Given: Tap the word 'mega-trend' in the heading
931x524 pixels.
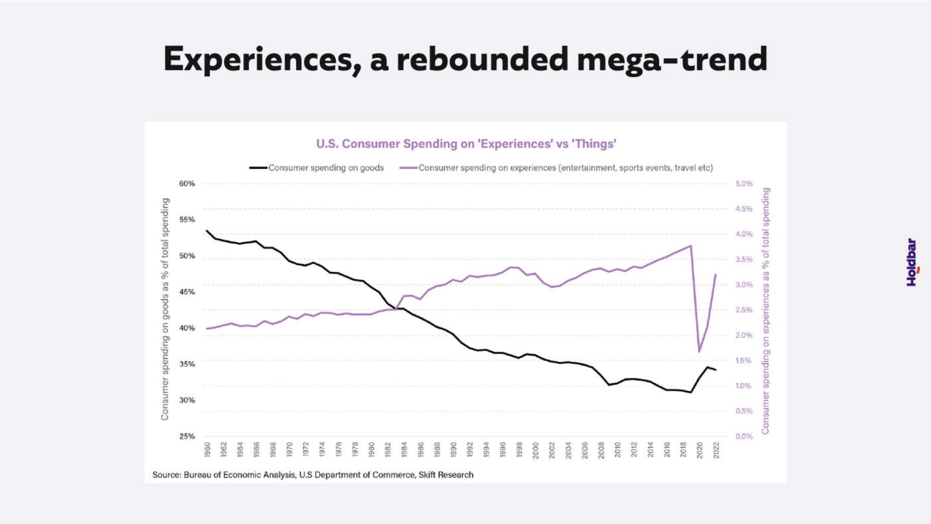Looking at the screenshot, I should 672,59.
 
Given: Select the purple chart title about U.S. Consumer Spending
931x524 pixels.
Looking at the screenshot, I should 466,144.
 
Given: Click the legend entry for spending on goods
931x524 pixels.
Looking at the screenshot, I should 325,168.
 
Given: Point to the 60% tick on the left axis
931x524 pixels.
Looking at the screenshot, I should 187,183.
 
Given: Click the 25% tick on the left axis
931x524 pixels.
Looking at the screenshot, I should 187,436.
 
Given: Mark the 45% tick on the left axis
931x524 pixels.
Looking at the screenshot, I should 187,292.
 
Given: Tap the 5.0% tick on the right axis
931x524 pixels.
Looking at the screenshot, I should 744,183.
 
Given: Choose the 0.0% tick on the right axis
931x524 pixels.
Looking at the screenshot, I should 744,436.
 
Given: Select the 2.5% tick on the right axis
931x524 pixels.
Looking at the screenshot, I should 744,310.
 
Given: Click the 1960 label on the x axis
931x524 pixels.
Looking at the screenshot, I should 207,449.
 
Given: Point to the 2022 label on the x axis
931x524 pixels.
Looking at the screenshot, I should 716,449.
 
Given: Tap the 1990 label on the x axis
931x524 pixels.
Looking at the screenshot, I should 453,449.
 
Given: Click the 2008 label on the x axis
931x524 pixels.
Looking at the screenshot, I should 601,449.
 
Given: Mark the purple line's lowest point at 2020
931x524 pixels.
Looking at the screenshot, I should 699,352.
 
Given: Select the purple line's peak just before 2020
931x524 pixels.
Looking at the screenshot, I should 691,246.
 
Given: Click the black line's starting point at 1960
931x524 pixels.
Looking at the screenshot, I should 207,230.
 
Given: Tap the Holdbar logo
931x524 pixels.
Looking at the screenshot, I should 912,263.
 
